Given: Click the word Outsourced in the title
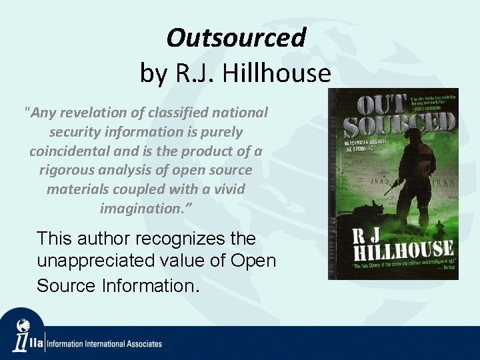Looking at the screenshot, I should pos(236,38).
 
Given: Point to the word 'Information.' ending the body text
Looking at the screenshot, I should pos(151,285).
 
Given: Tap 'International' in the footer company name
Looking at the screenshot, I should pos(105,344).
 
